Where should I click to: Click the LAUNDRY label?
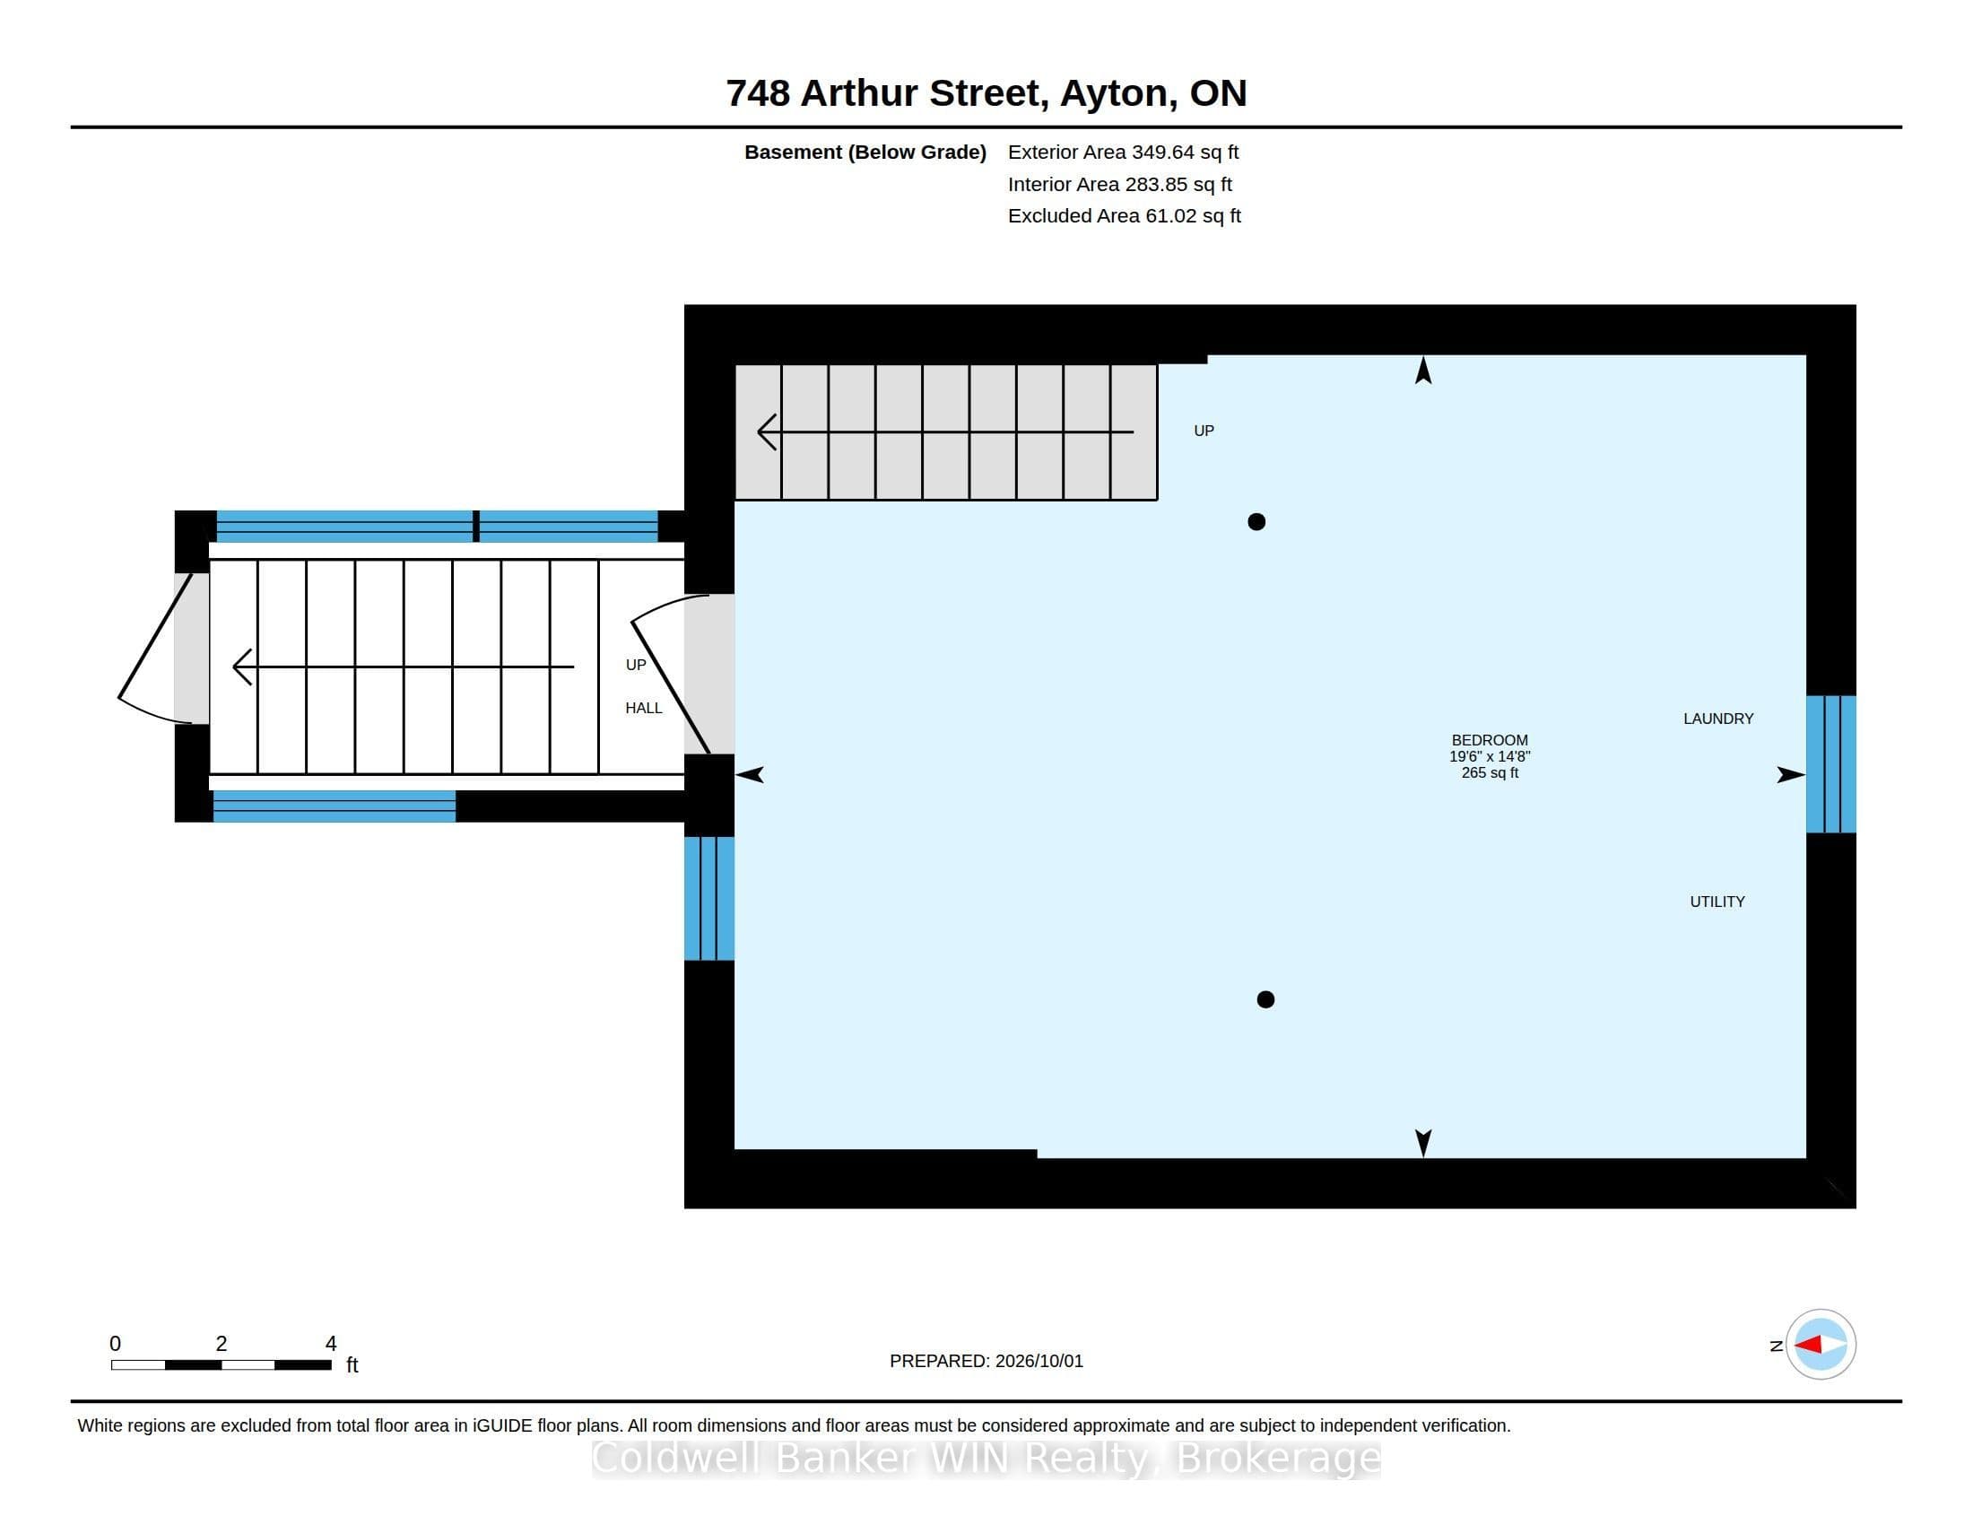click(x=1717, y=719)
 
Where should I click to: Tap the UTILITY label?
click(x=1717, y=902)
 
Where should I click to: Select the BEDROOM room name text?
click(x=1489, y=740)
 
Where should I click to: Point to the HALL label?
click(x=643, y=709)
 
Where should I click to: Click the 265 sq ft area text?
click(x=1489, y=773)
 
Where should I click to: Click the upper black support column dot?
click(x=1256, y=521)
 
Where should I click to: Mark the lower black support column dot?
click(x=1265, y=999)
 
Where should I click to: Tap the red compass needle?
click(x=1807, y=1345)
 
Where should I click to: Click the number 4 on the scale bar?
click(x=331, y=1344)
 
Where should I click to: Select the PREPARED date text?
click(x=986, y=1361)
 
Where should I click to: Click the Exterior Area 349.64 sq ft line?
click(x=1123, y=152)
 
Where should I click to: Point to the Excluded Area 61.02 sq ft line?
click(x=1124, y=216)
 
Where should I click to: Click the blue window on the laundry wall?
click(x=1830, y=764)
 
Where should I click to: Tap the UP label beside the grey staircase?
click(x=1204, y=431)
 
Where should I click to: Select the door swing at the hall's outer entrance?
click(x=153, y=647)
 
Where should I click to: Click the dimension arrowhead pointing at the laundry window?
click(x=1791, y=774)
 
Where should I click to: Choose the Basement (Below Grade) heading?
click(x=865, y=152)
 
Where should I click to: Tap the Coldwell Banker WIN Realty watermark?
click(x=986, y=1457)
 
